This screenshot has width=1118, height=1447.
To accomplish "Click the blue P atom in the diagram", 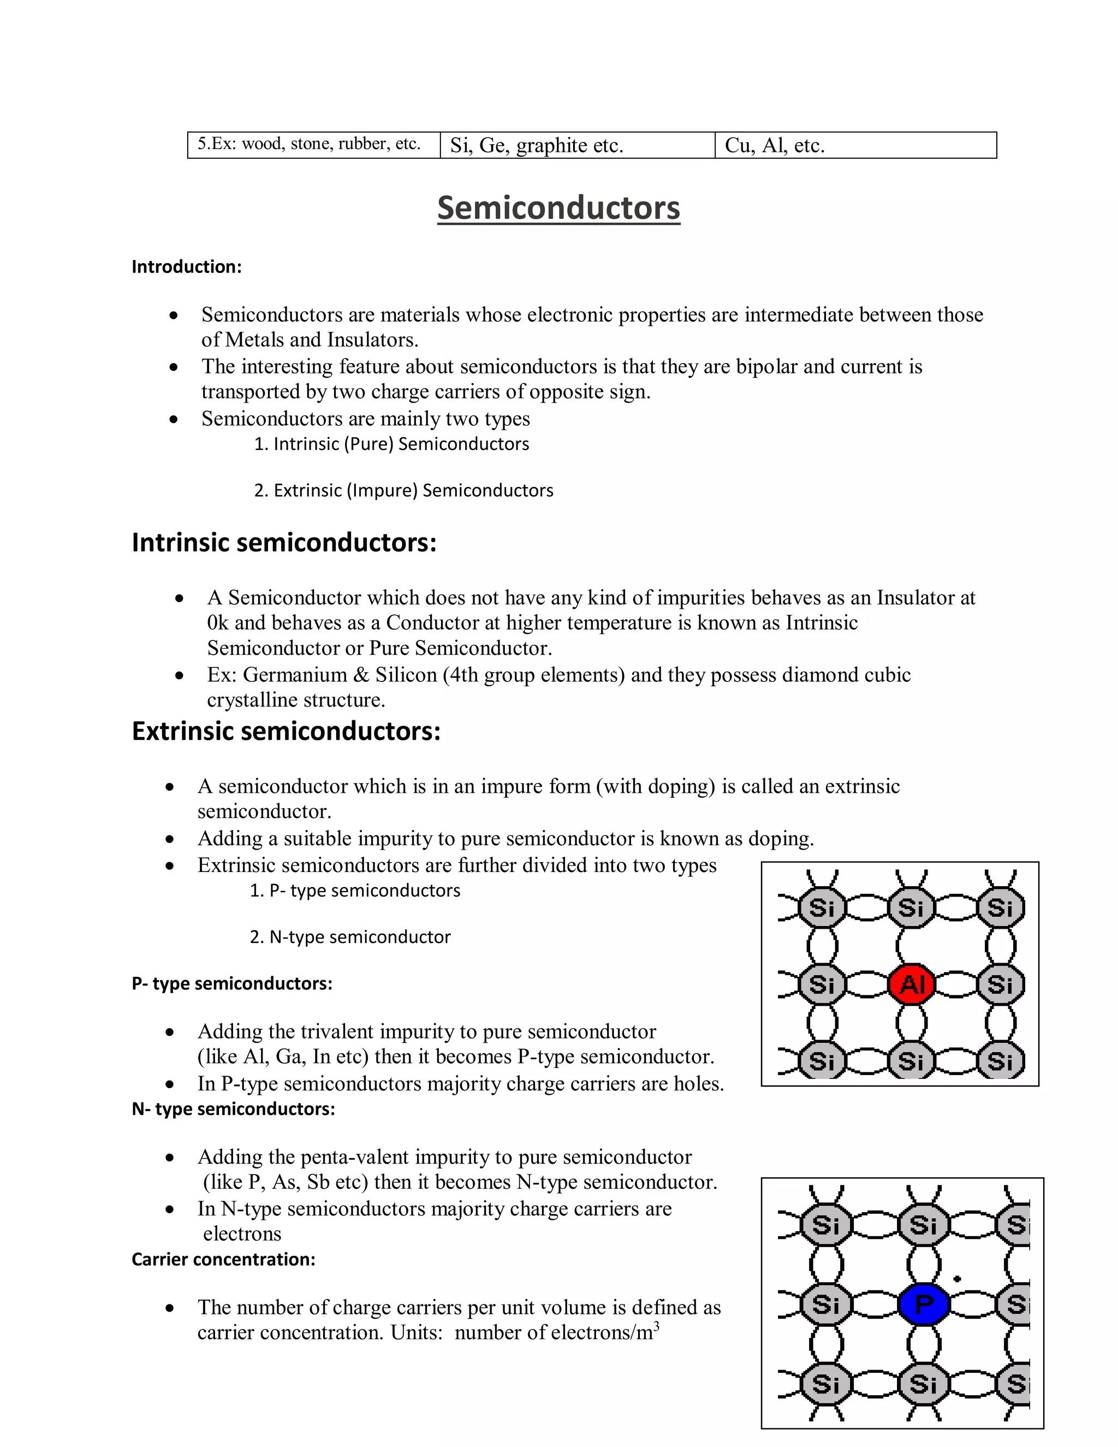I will click(x=923, y=1304).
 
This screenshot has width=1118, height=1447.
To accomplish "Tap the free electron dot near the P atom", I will click(x=956, y=1279).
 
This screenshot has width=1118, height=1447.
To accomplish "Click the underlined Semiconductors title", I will click(x=558, y=207).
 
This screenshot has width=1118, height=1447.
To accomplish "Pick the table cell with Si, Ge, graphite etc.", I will click(x=577, y=145).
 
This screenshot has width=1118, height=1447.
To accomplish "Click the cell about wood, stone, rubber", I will click(x=314, y=145).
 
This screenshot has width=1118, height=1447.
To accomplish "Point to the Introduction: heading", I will click(x=187, y=266).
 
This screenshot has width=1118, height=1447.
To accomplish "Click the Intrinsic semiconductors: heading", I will click(x=284, y=542).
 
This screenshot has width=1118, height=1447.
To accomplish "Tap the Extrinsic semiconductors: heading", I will click(x=286, y=731).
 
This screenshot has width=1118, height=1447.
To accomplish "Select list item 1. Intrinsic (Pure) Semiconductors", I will click(x=391, y=444).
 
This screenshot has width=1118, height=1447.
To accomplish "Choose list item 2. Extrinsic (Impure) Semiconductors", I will click(x=403, y=490).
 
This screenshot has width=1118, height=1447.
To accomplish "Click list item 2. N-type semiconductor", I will click(x=350, y=937).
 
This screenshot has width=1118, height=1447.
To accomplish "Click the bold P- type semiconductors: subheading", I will click(x=232, y=983).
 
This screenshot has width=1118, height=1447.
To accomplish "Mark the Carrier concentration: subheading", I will click(x=223, y=1259).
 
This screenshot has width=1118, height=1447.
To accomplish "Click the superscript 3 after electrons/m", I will click(x=656, y=1325).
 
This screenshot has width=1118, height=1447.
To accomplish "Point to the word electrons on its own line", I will click(x=242, y=1233).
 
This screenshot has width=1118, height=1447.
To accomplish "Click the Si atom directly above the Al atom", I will click(x=911, y=908).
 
